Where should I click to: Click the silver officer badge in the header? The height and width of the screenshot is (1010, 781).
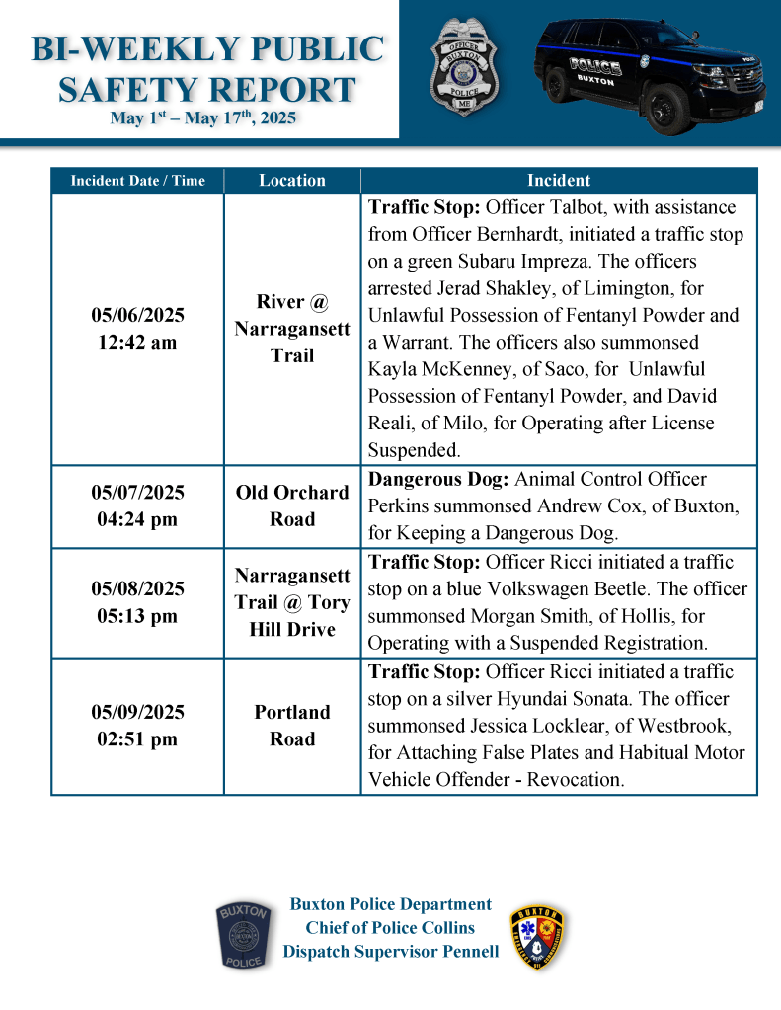(464, 67)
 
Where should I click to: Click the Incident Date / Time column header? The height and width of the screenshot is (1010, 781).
(138, 181)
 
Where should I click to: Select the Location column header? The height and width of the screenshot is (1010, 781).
(292, 181)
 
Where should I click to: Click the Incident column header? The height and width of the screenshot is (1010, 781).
(559, 181)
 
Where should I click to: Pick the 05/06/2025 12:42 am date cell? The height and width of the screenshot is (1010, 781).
(138, 329)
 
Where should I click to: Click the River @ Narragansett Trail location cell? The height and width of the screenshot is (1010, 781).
(292, 328)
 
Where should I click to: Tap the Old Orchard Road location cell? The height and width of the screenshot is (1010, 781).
(292, 505)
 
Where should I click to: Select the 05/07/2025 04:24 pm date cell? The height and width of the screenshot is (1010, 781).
(138, 505)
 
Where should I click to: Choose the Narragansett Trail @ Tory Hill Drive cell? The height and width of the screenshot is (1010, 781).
(292, 602)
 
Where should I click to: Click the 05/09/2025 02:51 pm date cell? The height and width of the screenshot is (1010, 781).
(138, 726)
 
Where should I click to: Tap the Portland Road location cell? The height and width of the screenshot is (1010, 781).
(292, 726)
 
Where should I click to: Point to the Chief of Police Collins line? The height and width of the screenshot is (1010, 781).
(390, 928)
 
